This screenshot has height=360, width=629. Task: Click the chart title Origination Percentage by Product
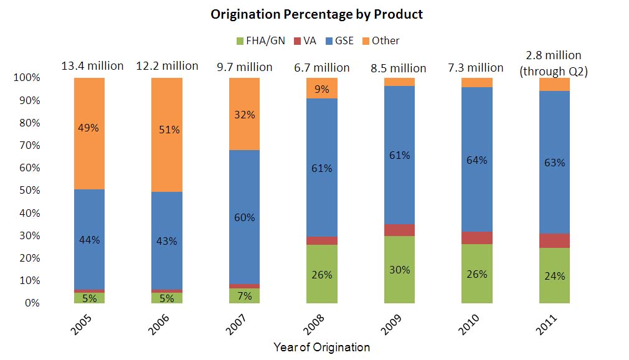click(x=316, y=14)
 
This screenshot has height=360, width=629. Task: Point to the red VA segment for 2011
click(x=554, y=240)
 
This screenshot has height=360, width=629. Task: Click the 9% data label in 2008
click(x=322, y=88)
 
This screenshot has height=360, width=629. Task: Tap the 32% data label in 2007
click(x=245, y=115)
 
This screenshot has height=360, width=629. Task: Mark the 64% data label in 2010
click(x=476, y=160)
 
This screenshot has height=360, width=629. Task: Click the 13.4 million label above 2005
click(x=92, y=65)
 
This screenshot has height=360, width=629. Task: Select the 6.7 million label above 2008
click(x=321, y=67)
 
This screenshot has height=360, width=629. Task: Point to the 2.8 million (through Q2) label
click(x=554, y=64)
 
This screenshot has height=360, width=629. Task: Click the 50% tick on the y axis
click(x=27, y=191)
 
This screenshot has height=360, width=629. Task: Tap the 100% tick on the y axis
click(x=26, y=78)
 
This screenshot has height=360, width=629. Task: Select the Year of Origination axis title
click(x=321, y=347)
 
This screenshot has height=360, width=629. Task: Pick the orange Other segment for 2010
click(x=476, y=82)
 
